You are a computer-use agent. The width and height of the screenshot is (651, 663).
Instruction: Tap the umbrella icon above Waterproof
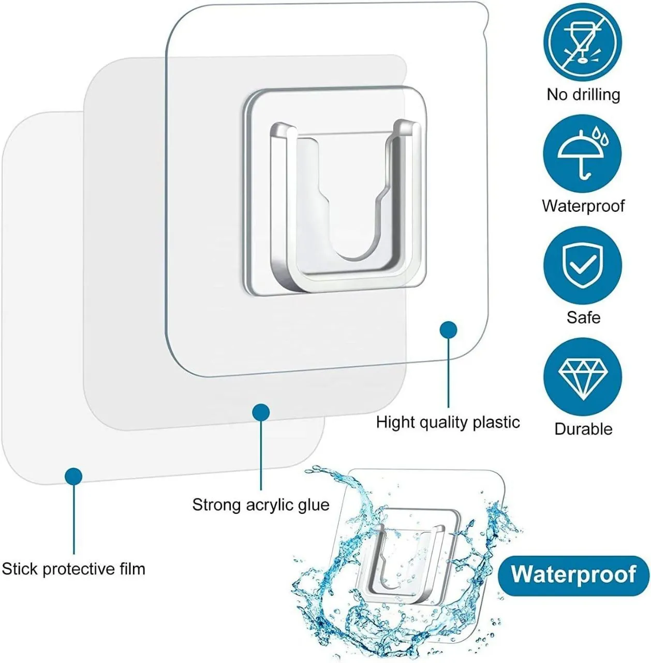click(583, 153)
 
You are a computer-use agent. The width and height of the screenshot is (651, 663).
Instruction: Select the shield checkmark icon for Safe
click(583, 265)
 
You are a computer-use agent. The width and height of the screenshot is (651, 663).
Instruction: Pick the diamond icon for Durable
click(583, 377)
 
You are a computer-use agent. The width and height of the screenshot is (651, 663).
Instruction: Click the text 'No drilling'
click(583, 95)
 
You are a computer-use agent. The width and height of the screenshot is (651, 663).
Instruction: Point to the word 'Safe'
click(583, 317)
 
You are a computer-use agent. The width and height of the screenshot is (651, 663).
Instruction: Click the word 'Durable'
click(583, 429)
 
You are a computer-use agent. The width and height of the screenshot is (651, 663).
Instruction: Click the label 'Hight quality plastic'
click(448, 423)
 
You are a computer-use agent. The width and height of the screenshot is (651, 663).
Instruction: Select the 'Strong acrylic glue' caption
click(261, 505)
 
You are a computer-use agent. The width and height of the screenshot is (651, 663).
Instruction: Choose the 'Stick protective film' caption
click(73, 569)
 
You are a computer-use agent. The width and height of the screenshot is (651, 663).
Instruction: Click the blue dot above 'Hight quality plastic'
click(449, 330)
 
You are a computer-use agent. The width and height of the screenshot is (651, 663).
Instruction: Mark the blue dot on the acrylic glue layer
click(261, 412)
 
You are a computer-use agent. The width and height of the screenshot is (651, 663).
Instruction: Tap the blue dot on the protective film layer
click(73, 477)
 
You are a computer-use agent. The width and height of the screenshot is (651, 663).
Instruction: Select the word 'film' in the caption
click(133, 569)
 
